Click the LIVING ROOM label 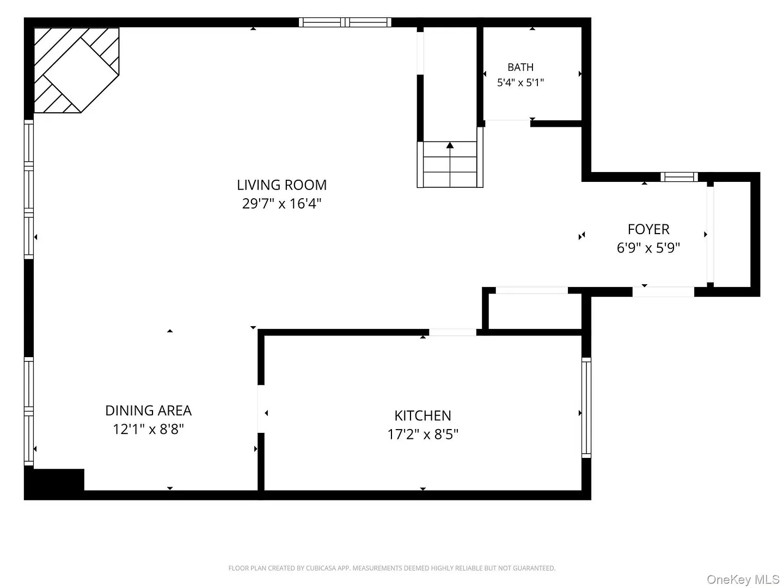pos(281,185)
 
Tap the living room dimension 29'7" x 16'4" pos(281,204)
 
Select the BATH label pos(520,67)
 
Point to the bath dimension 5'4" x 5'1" pos(520,82)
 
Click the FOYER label pos(648,229)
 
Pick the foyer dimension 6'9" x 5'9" pos(648,248)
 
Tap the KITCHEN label pos(422,415)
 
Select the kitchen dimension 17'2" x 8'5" pos(422,434)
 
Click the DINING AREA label pos(148,411)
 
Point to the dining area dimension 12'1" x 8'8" pos(148,429)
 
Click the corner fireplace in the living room pos(76,70)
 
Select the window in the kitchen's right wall pos(586,407)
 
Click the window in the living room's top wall pos(345,22)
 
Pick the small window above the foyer pos(679,177)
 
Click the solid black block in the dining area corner pos(54,484)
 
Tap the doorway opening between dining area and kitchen pos(261,409)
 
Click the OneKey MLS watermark pos(743,579)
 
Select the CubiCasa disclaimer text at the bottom pos(392,568)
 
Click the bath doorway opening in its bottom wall pos(507,124)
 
